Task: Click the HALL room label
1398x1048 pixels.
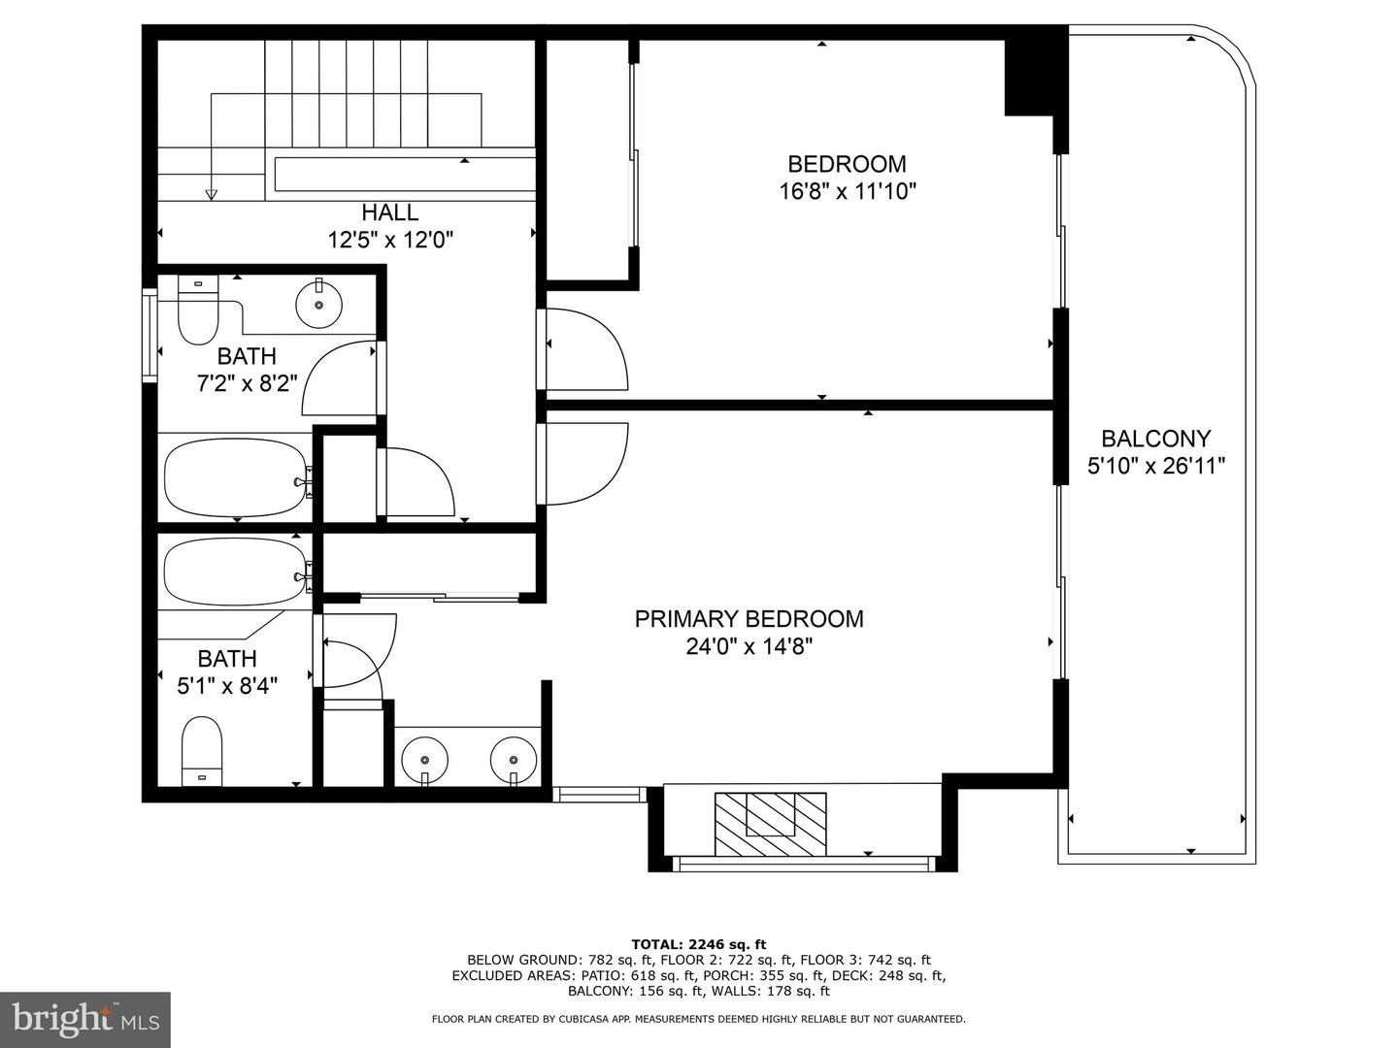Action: click(x=389, y=212)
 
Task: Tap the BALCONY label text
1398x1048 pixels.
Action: click(x=1155, y=439)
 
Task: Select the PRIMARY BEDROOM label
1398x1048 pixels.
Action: click(x=749, y=618)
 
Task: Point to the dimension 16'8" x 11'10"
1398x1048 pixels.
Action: click(x=848, y=191)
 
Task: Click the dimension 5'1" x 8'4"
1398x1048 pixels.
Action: click(x=227, y=685)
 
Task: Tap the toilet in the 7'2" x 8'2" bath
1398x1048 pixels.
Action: click(x=197, y=310)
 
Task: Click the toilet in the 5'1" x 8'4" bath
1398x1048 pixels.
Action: click(x=202, y=751)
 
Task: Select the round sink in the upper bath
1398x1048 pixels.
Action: click(x=319, y=304)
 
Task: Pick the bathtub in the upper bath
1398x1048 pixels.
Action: click(x=237, y=477)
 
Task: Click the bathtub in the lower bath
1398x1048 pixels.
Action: click(x=237, y=573)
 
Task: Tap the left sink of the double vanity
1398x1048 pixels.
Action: click(x=425, y=759)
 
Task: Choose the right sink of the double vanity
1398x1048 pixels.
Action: click(x=514, y=759)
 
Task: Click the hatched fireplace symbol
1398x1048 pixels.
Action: click(x=770, y=824)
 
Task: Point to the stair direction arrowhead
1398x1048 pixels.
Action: click(x=212, y=195)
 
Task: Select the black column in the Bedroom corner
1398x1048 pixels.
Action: click(x=1028, y=78)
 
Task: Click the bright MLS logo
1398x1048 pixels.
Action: click(x=85, y=1020)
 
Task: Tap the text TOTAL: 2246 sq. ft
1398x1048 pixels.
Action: click(x=699, y=944)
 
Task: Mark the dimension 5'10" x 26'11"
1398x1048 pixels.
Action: click(x=1155, y=467)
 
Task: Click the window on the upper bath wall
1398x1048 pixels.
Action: click(x=150, y=335)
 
